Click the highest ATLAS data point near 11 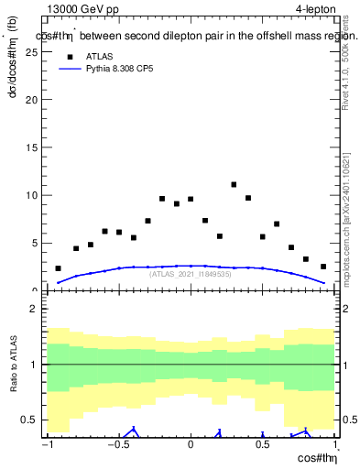pyautogui.click(x=234, y=185)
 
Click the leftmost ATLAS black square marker pyautogui.click(x=59, y=268)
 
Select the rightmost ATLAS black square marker pyautogui.click(x=323, y=267)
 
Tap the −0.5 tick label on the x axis pyautogui.click(x=117, y=446)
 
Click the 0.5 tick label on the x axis pyautogui.click(x=262, y=446)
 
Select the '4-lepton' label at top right pyautogui.click(x=316, y=9)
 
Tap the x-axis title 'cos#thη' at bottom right pyautogui.click(x=315, y=458)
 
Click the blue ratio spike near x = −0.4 pyautogui.click(x=134, y=429)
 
